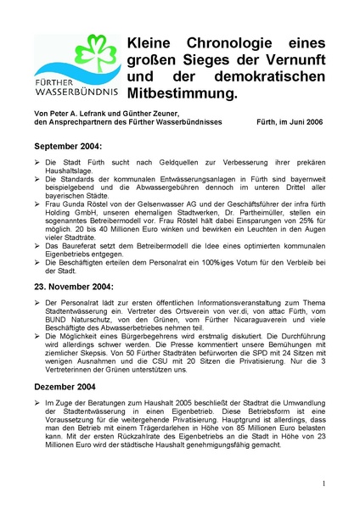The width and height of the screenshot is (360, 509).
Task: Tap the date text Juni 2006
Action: tap(298, 123)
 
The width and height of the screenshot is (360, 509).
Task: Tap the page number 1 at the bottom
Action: tap(323, 484)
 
